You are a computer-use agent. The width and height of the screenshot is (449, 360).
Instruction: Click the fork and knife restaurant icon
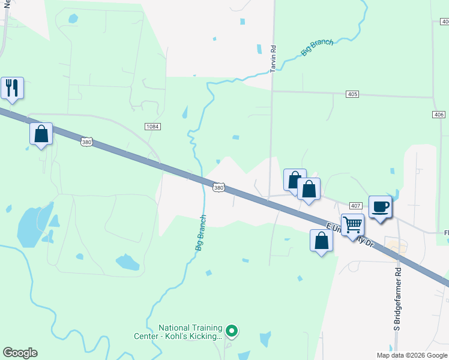click(x=12, y=88)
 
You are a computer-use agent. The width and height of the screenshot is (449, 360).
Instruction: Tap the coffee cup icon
click(x=380, y=207)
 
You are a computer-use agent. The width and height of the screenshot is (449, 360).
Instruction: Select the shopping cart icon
click(x=352, y=225)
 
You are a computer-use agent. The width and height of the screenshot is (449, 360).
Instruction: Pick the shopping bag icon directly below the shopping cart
click(x=322, y=241)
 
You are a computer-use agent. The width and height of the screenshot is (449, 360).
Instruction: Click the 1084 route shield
click(x=152, y=126)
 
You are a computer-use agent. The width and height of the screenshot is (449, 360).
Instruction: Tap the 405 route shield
click(x=352, y=94)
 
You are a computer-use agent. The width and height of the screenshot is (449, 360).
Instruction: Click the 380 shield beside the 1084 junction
click(x=86, y=142)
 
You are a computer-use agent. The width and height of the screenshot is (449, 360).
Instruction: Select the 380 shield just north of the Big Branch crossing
click(x=218, y=187)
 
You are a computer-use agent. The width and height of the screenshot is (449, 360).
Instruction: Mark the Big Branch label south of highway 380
click(x=200, y=233)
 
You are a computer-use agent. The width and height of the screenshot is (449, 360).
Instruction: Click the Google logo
click(x=20, y=353)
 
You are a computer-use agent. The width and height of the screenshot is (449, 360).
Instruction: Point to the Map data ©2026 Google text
click(x=412, y=355)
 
